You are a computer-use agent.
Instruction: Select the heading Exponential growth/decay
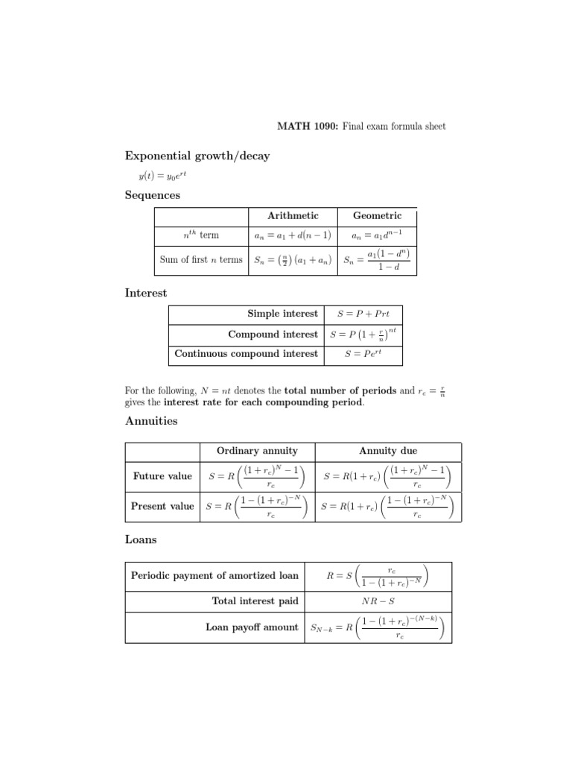197,156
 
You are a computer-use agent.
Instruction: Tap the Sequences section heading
152,195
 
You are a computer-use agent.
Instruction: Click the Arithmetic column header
293,215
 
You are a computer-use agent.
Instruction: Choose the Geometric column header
377,215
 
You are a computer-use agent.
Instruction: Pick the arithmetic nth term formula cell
293,235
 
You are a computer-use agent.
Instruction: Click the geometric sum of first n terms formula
377,260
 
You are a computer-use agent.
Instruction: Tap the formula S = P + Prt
363,314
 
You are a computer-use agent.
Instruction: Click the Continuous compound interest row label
246,354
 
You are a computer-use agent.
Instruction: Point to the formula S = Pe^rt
363,354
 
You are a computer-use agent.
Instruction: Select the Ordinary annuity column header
257,451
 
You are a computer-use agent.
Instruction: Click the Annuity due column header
388,451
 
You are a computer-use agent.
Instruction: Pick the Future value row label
162,476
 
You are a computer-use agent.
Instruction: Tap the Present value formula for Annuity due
388,506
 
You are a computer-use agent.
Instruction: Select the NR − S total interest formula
377,601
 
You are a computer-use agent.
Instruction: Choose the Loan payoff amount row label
252,627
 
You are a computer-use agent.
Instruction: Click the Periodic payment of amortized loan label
214,575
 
